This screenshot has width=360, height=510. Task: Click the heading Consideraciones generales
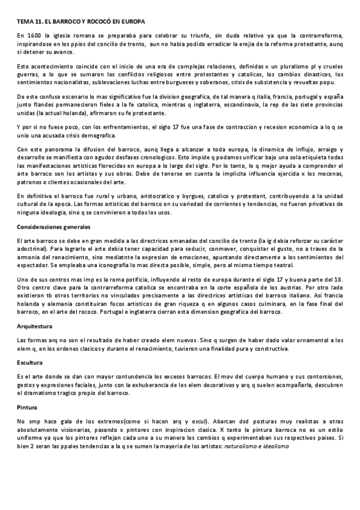tap(53, 226)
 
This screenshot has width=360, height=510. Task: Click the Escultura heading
tap(30, 362)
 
